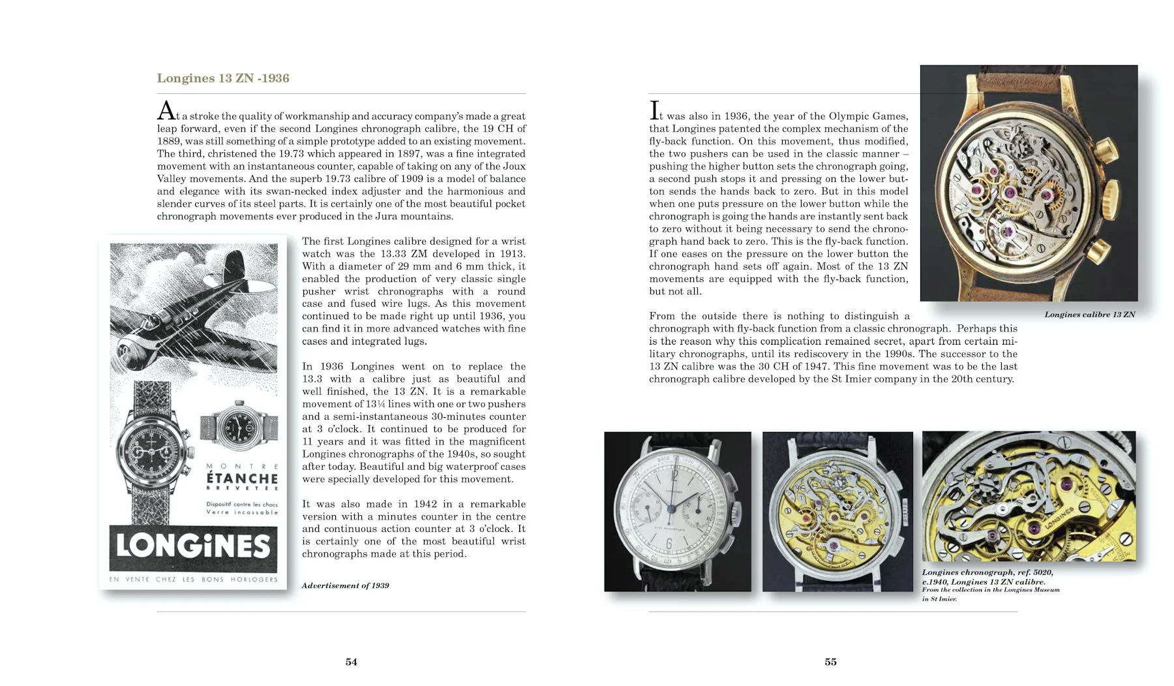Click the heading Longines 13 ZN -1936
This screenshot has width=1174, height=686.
coord(223,78)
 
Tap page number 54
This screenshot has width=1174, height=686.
coord(351,662)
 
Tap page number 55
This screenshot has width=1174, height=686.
coord(830,662)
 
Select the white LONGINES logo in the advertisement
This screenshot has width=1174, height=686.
coord(193,547)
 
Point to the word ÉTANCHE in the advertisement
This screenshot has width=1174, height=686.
coord(242,478)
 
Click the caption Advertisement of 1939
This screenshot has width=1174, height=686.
coord(345,585)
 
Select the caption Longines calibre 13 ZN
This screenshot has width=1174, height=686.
coord(1089,315)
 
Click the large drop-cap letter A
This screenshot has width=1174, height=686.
coord(166,111)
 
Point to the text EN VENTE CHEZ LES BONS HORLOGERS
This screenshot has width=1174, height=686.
coord(193,580)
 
